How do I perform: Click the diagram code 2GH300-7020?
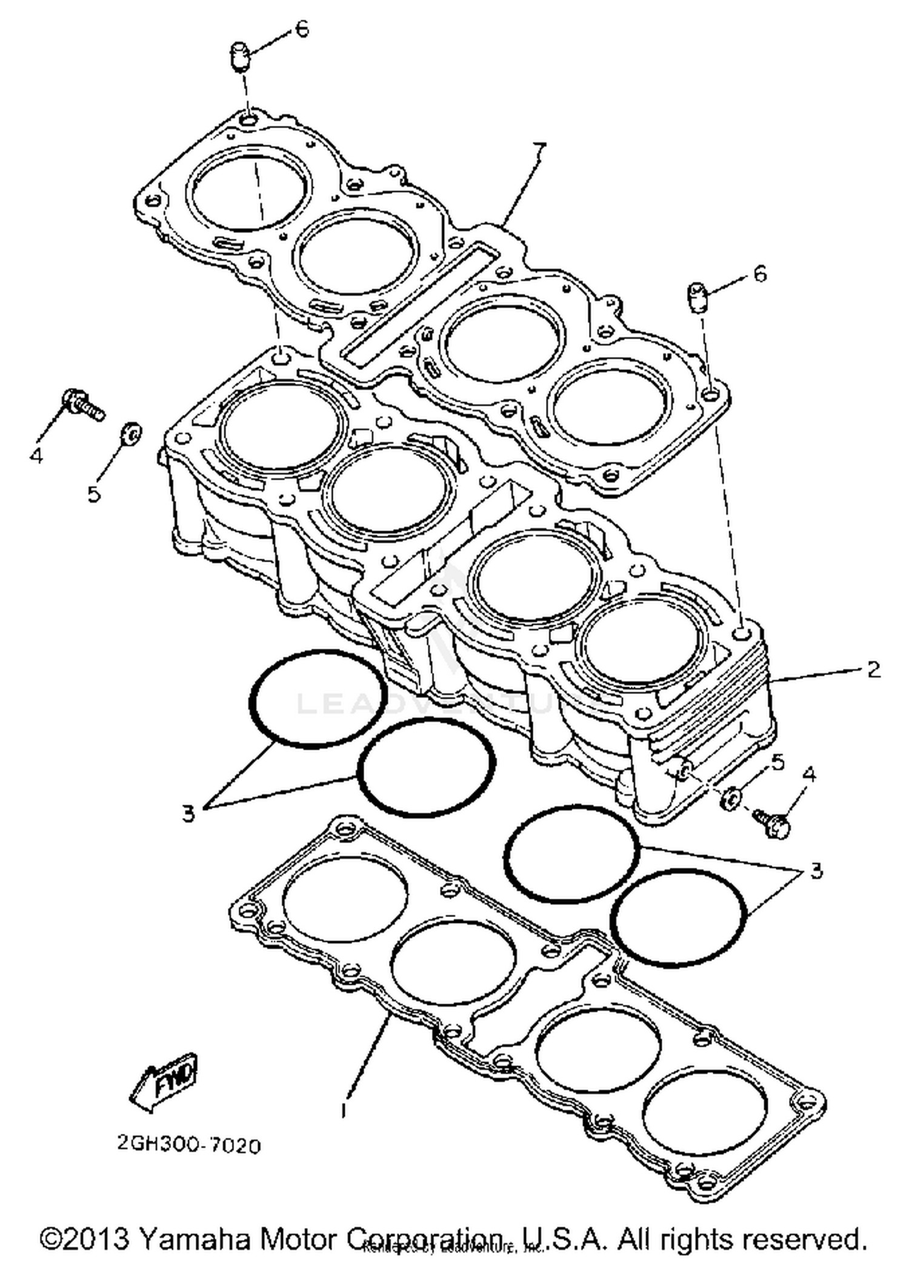click(x=189, y=1146)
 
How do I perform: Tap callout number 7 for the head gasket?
click(x=538, y=149)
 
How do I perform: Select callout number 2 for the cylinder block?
click(x=873, y=670)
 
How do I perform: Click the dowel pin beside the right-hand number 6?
click(x=697, y=297)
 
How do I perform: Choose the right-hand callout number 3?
click(x=816, y=871)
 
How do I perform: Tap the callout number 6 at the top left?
click(x=302, y=29)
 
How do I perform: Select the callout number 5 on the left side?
click(x=93, y=494)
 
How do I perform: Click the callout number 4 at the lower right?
click(x=809, y=774)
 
